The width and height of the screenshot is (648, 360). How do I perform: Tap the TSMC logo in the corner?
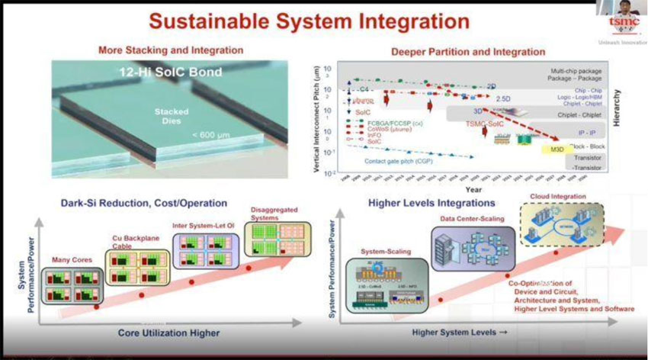coord(623,23)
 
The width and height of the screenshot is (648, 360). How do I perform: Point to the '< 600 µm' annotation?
coord(208,135)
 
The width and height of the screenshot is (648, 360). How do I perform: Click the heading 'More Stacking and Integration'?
coord(171,50)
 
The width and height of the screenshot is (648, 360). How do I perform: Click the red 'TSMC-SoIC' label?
coord(485,124)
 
